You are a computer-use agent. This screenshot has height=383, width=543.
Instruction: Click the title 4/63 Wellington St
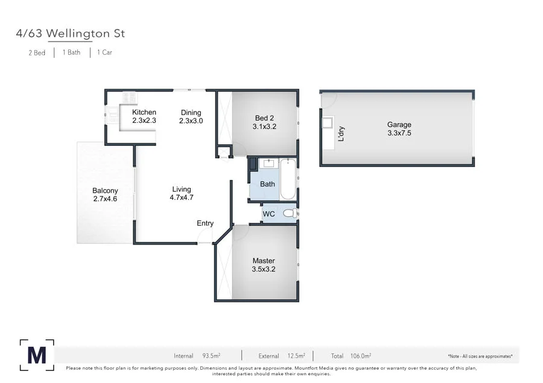71,34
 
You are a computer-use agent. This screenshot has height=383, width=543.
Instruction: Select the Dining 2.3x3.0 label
191,116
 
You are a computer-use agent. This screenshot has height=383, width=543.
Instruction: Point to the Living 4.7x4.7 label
182,193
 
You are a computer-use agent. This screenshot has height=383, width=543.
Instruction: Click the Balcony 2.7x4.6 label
105,195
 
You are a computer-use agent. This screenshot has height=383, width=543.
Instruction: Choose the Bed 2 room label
264,122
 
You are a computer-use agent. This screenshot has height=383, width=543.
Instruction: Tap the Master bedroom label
264,265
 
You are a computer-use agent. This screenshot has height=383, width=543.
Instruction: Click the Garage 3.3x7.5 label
399,129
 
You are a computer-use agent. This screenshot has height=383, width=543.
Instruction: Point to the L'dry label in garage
341,133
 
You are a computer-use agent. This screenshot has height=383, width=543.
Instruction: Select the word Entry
205,223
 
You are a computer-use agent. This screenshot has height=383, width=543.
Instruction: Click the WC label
269,214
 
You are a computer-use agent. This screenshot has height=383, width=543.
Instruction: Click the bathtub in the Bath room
288,179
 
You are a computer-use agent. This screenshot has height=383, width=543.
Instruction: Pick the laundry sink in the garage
328,123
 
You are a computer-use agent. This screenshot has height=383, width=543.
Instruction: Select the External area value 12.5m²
295,356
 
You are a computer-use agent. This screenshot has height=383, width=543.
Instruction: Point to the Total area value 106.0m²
361,356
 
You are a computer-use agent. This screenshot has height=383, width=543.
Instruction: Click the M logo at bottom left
36,355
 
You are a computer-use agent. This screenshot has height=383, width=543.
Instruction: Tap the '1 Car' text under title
103,52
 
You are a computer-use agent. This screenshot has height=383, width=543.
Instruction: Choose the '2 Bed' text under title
37,52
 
